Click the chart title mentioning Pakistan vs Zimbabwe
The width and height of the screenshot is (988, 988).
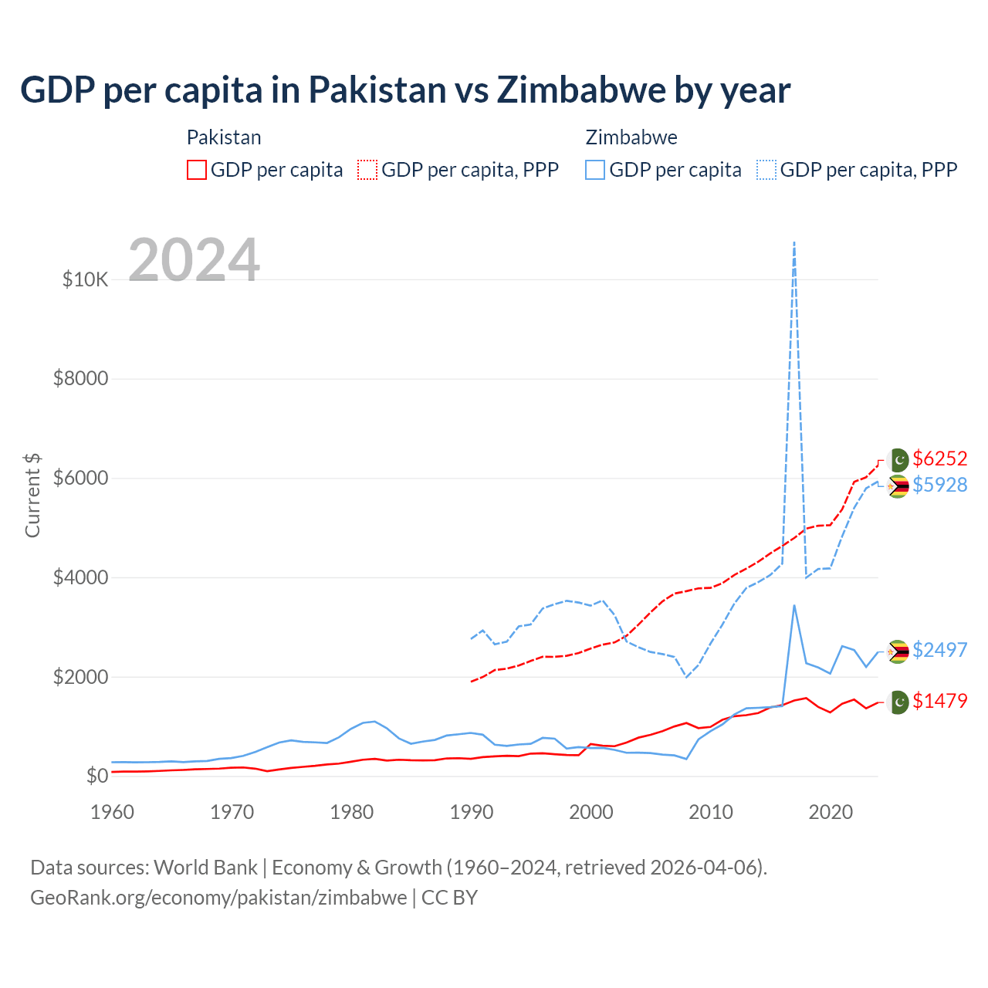[405, 90]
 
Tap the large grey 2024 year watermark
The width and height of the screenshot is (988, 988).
[194, 260]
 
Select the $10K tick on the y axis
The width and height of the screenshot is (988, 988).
[85, 279]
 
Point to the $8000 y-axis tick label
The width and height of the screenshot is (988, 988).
[80, 379]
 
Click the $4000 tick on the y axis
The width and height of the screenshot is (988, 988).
[80, 577]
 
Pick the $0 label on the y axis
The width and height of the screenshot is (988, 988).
[96, 776]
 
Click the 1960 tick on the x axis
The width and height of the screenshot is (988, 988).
[113, 812]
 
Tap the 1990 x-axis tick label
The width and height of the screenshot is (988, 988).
[472, 812]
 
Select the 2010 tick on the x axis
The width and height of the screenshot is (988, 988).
[711, 812]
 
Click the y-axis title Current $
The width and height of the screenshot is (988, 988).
[32, 495]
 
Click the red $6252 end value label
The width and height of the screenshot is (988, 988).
[939, 458]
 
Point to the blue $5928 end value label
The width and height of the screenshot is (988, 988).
[939, 485]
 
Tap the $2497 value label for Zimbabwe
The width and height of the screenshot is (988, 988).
[939, 650]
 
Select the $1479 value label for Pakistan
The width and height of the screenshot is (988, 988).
[939, 701]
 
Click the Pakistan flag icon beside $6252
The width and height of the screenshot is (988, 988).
[898, 460]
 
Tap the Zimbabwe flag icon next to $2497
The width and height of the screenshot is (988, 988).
[898, 651]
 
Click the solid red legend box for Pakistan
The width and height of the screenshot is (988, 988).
[197, 170]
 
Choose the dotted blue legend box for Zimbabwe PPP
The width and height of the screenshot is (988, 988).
[766, 170]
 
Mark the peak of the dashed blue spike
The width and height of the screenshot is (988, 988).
[794, 242]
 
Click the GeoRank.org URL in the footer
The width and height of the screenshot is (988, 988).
[218, 898]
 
